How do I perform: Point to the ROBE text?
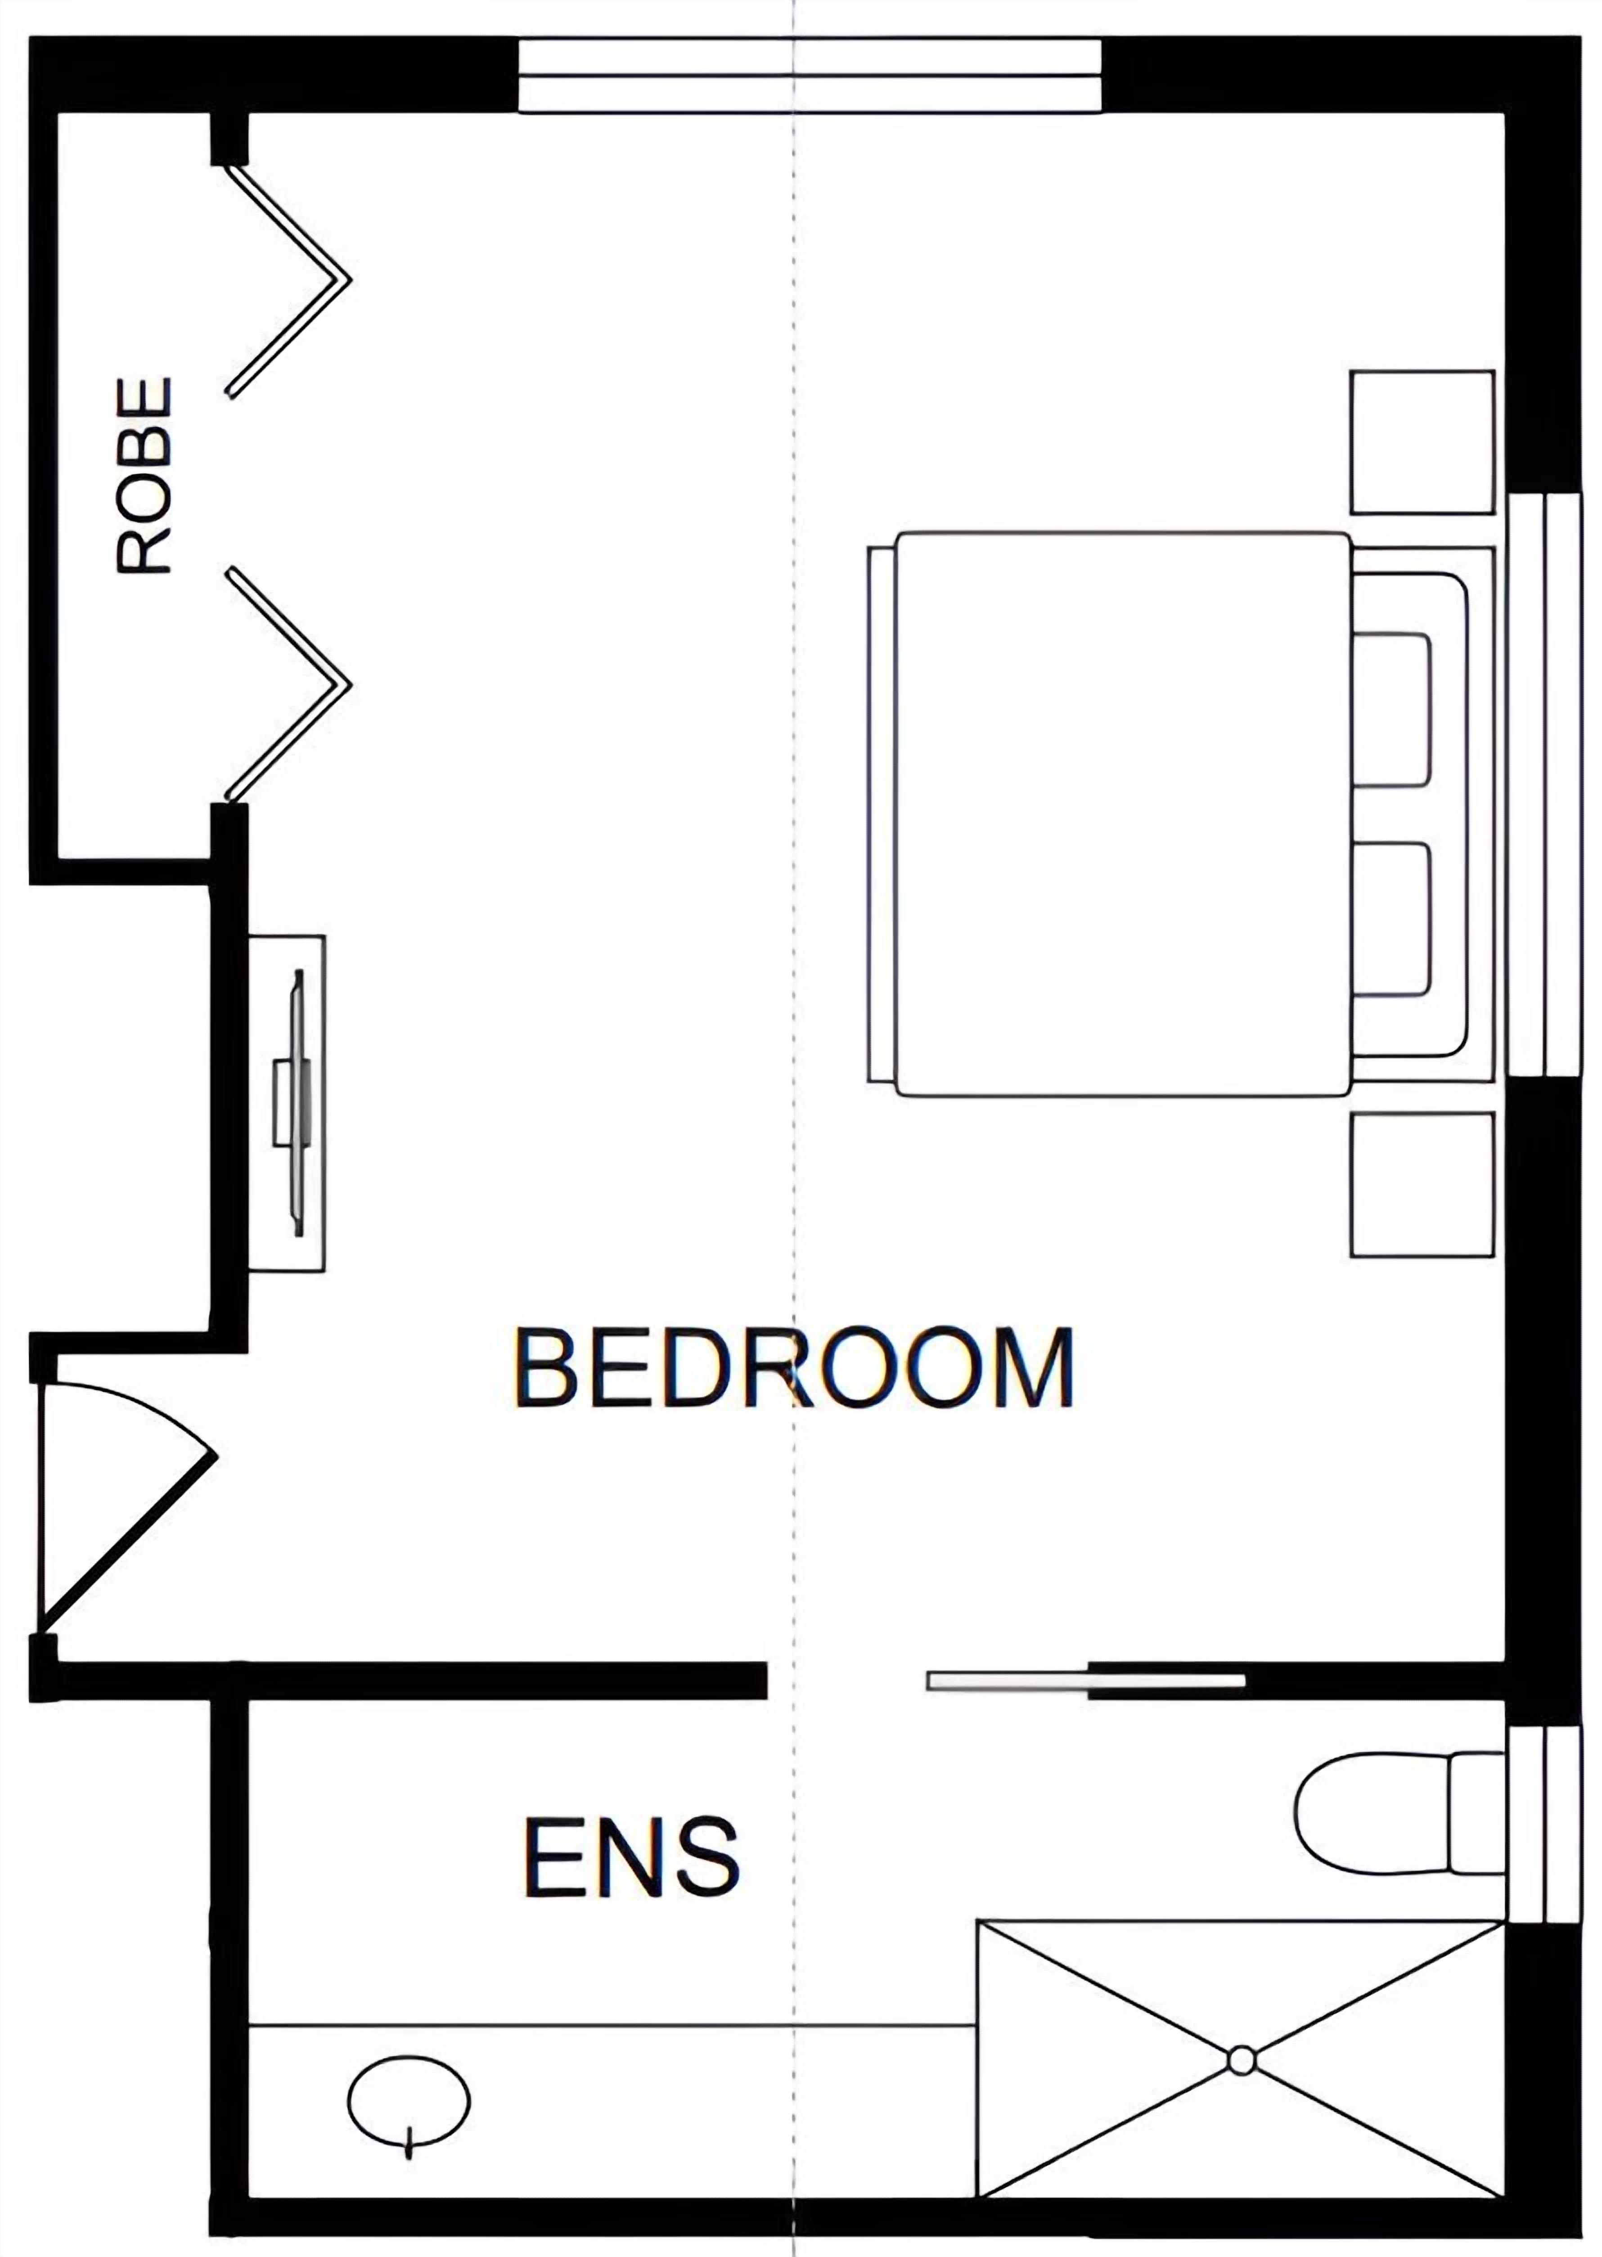coord(144,474)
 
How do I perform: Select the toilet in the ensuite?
coord(1401,1813)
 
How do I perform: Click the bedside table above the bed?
coord(1422,442)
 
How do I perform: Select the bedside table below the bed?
coord(1422,1185)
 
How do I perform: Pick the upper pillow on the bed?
coord(1391,710)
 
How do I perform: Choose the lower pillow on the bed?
coord(1391,919)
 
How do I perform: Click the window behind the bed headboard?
coord(1545,784)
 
